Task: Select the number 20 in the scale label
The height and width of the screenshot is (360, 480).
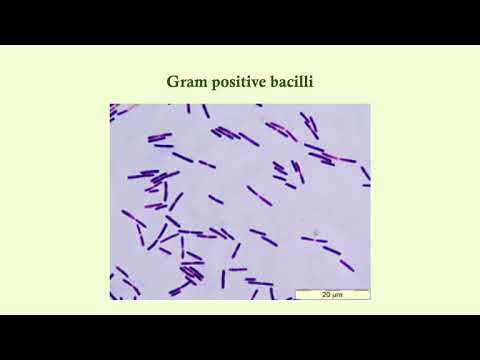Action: pyautogui.click(x=326, y=295)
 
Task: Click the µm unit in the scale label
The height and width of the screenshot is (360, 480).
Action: pyautogui.click(x=337, y=295)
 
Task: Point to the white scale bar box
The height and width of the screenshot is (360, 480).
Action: pyautogui.click(x=331, y=294)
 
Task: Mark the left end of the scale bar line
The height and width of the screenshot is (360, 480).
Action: pyautogui.click(x=295, y=290)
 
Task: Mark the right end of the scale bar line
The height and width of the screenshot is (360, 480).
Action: pyautogui.click(x=368, y=290)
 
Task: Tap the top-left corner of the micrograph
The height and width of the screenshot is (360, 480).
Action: pyautogui.click(x=110, y=104)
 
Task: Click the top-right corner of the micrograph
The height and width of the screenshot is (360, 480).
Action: pyautogui.click(x=370, y=104)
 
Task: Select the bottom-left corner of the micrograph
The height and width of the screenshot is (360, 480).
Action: pyautogui.click(x=110, y=299)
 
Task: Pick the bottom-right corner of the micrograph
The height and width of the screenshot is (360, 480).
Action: pyautogui.click(x=370, y=299)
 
